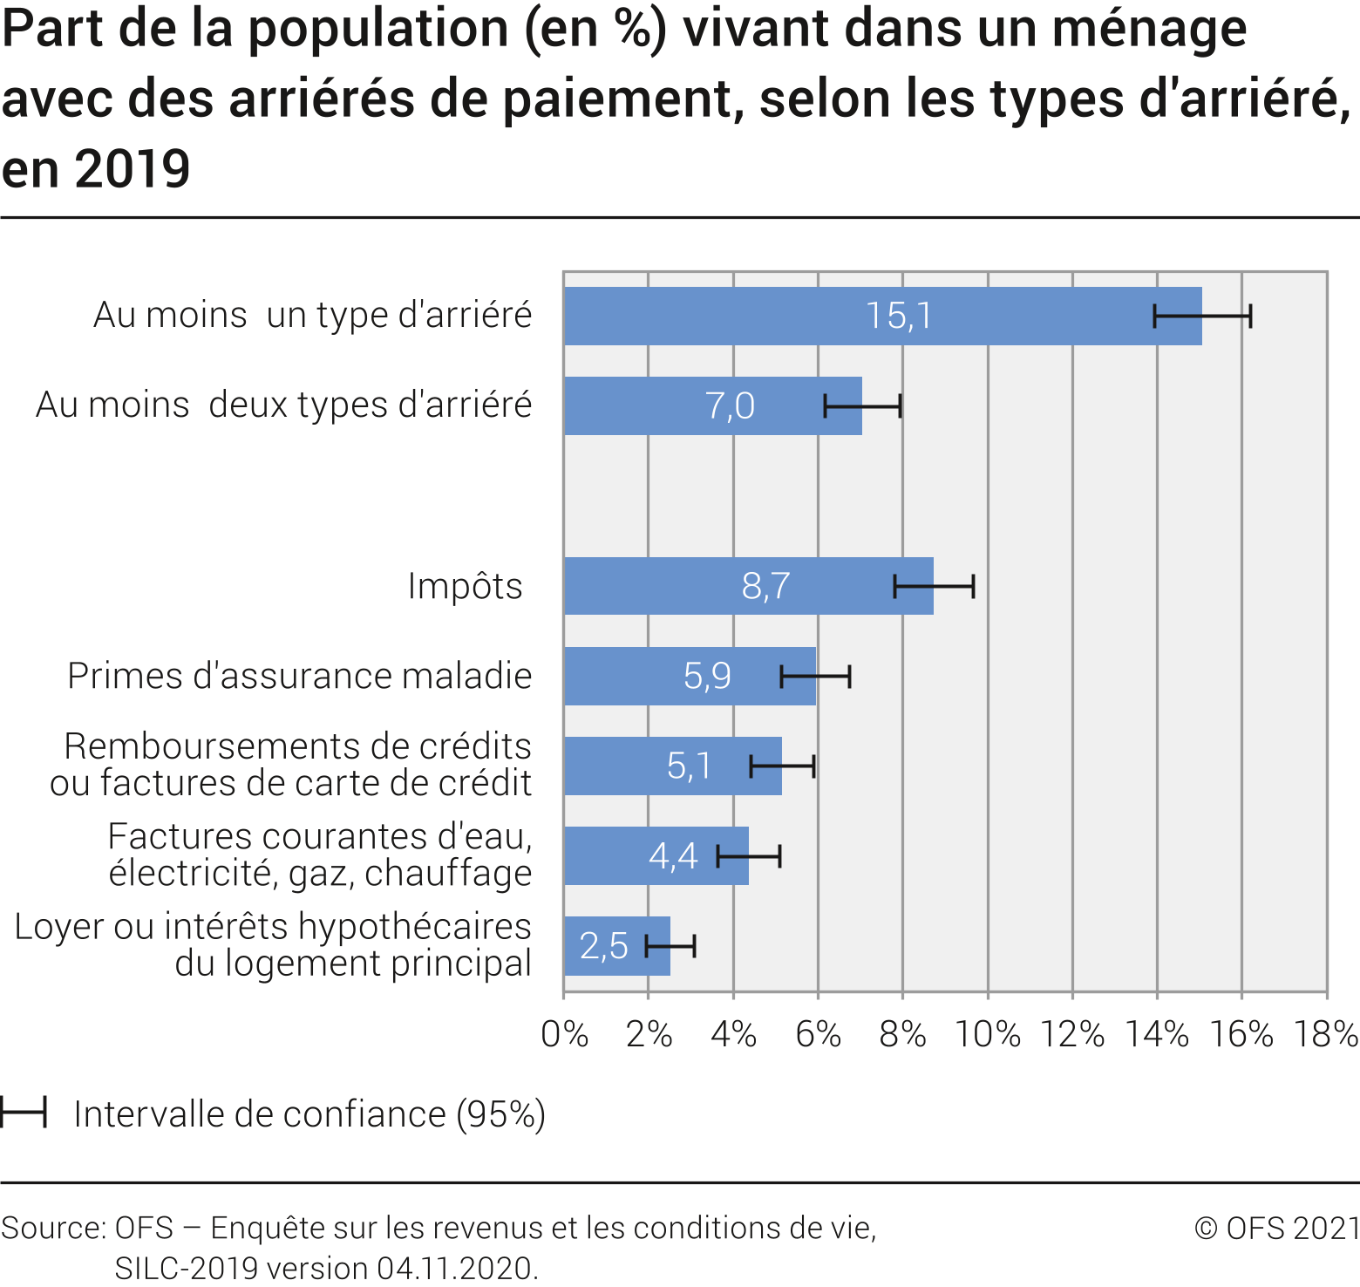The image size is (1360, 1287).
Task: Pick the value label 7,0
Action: point(730,406)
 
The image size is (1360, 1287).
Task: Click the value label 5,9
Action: point(707,677)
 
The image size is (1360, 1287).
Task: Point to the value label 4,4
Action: point(673,856)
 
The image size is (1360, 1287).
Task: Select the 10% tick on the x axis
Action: point(988,1035)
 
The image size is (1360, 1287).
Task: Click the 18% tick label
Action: point(1326,1035)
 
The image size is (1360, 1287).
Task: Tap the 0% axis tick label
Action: point(565,1035)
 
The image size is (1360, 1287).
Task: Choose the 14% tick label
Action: point(1157,1035)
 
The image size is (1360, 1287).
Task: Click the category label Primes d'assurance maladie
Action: point(300,677)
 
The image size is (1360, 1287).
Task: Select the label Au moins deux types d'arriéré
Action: point(284,405)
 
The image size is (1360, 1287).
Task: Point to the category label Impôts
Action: point(466,586)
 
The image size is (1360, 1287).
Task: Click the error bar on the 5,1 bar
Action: point(782,766)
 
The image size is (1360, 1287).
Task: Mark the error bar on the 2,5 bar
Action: point(670,946)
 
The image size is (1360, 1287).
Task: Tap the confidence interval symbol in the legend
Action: point(23,1113)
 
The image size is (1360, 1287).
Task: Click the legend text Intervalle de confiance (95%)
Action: point(309,1114)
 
